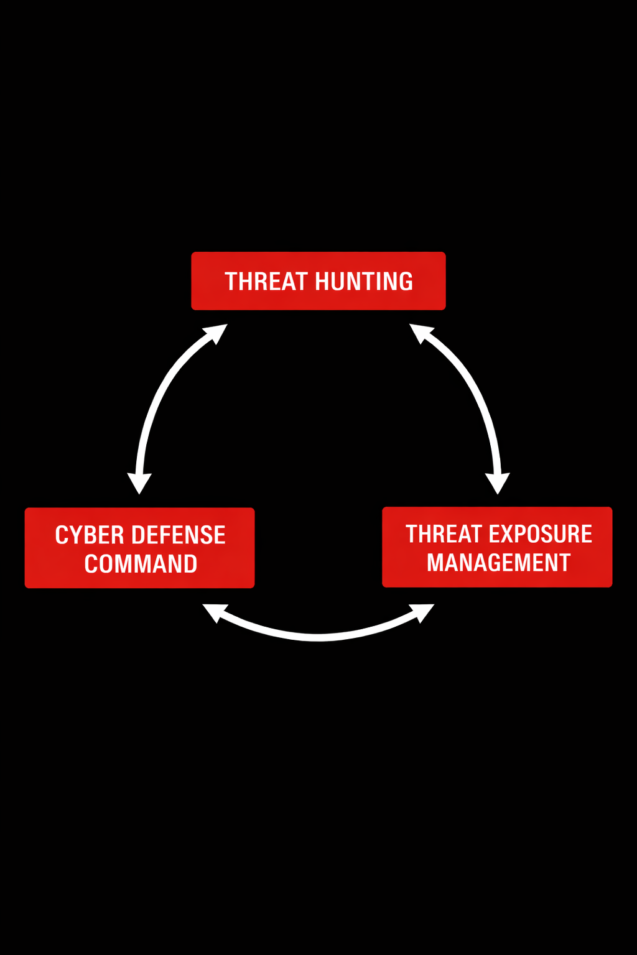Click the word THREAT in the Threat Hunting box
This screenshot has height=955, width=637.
tap(266, 282)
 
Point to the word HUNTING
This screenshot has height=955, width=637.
tap(364, 282)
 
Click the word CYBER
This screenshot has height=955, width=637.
tap(89, 535)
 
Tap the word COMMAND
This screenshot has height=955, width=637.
tap(141, 564)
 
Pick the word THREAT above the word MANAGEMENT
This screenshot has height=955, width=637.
tap(444, 534)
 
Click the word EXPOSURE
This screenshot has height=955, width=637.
tap(541, 534)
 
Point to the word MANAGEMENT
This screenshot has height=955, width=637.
tap(498, 563)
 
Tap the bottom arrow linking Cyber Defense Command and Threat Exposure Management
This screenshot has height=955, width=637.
tap(318, 635)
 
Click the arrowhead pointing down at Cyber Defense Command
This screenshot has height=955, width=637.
tap(139, 482)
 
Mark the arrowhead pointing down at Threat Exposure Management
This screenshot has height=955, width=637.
tap(498, 482)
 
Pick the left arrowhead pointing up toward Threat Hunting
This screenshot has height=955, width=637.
tap(217, 333)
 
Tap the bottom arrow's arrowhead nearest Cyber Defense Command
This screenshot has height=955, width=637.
tap(213, 612)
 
